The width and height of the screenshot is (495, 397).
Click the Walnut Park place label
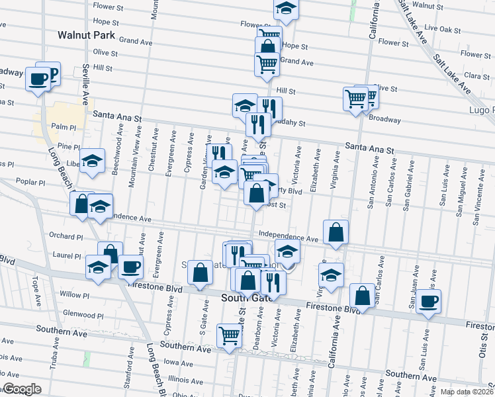click(x=86, y=35)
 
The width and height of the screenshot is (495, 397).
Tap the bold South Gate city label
click(x=242, y=299)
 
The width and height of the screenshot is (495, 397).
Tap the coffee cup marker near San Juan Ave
click(x=428, y=302)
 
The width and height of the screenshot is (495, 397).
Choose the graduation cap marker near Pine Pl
click(x=93, y=161)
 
